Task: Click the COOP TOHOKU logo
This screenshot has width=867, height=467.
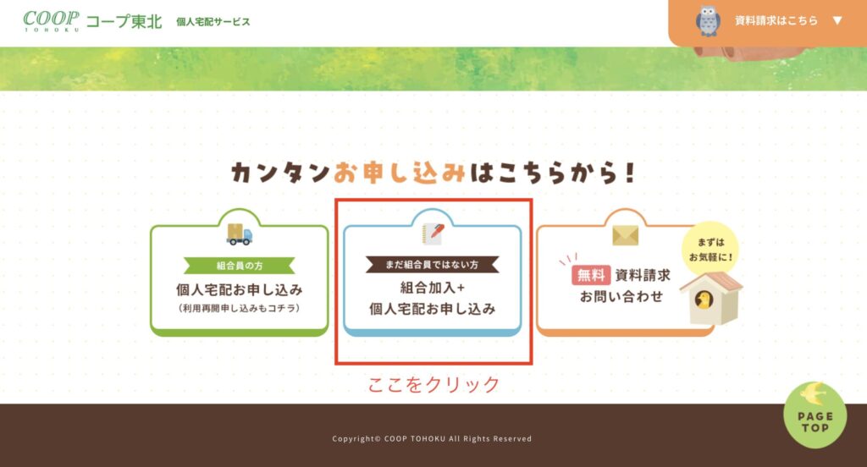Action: coord(51,21)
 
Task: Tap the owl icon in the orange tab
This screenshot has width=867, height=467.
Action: coord(708,21)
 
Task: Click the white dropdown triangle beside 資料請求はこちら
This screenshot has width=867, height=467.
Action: coord(837,21)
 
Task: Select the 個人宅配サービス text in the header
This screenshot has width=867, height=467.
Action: coord(213,22)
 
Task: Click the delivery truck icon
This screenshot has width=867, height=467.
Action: coord(240,233)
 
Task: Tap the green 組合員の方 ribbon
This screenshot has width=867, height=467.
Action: coord(240,266)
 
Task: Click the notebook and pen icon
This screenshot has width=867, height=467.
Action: coord(433,233)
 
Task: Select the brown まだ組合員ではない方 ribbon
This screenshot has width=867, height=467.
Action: coord(433,265)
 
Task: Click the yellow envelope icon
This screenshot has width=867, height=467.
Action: coord(626,236)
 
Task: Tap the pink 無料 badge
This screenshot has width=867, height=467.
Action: coord(591,275)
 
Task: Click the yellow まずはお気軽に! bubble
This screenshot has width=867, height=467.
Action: coord(710,250)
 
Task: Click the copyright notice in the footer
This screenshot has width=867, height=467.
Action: coord(432,439)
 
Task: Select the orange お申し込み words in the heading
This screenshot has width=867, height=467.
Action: coord(399,173)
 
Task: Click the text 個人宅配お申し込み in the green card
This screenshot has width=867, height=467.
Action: coord(240,289)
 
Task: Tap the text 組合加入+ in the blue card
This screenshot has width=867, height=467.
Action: coord(433,288)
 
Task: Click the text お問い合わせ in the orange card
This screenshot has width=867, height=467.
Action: coord(621,297)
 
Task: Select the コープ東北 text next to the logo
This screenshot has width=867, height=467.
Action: coord(124,22)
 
